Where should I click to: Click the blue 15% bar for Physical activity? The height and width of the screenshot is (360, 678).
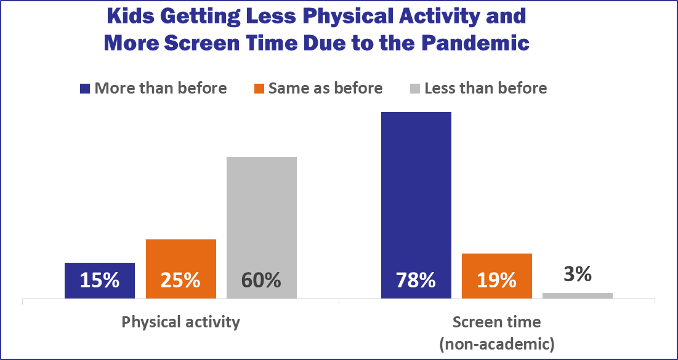point(99,271)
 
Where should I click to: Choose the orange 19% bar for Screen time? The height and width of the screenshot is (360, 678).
point(497,265)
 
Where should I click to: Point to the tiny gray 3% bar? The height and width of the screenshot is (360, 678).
point(578,295)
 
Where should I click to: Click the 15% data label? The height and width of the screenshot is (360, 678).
point(99,281)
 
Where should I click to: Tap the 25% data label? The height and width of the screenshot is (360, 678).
point(180,281)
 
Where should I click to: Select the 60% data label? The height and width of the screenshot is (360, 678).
point(261,281)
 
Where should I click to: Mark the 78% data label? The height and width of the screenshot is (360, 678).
point(416,281)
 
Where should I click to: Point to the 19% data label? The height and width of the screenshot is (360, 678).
point(497,281)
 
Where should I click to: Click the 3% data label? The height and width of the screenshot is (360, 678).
point(578,274)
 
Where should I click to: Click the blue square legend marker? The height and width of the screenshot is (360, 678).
point(86,89)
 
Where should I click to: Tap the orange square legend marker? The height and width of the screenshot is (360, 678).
point(260,89)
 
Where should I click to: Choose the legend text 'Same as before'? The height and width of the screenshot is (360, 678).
point(326,89)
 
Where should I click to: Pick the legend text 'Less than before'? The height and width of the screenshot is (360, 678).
point(486,89)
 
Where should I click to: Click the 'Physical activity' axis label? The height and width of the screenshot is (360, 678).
point(180,322)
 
